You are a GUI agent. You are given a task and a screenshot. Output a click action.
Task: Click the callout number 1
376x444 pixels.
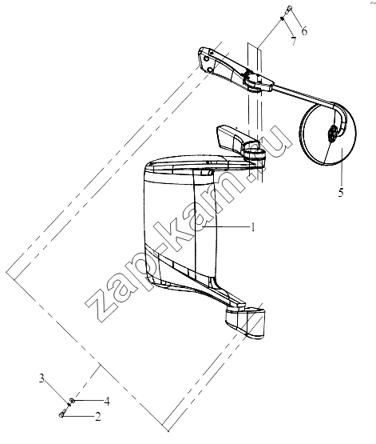pos(253,227)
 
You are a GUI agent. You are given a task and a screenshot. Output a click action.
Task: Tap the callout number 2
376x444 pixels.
pos(97,417)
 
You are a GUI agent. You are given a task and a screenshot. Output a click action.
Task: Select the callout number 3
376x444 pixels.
pos(42,378)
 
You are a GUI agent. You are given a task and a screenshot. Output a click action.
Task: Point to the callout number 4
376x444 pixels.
pos(106,402)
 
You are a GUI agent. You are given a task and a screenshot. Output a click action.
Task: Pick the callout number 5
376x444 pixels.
pos(341,193)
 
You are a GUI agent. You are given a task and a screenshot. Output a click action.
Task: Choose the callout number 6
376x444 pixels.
pos(304,30)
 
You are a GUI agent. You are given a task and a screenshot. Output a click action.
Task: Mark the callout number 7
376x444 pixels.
pos(294,42)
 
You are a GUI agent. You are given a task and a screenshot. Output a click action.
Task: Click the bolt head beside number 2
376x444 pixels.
pos(61,415)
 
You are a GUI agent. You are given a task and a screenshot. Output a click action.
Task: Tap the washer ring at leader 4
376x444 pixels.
pos(73,400)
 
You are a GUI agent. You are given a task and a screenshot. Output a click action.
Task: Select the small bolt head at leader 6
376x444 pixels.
pos(289,8)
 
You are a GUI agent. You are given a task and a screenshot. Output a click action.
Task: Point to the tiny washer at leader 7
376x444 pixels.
pos(282,18)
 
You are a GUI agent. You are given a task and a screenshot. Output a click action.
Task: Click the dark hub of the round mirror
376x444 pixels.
pos(332,134)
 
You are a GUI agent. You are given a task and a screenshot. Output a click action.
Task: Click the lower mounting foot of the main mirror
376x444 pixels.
pos(245,322)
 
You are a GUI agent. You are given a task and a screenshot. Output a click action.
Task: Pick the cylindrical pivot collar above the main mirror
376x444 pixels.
pos(255,155)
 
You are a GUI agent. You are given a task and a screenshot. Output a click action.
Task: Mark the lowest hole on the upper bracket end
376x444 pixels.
pos(210,70)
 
